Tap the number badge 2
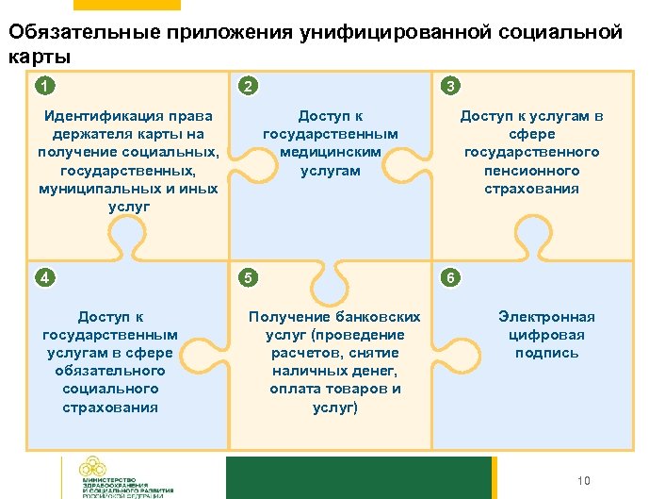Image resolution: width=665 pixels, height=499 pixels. click(x=246, y=87)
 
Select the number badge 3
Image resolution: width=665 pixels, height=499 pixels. click(x=450, y=87)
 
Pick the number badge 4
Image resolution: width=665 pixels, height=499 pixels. click(x=41, y=277)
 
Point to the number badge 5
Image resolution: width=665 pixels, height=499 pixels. click(x=246, y=277)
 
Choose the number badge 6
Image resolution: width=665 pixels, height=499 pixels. click(x=450, y=277)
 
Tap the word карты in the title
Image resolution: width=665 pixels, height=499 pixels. click(x=40, y=56)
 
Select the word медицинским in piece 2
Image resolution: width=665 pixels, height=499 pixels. click(x=330, y=152)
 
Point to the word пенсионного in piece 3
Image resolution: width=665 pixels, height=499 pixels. click(x=532, y=170)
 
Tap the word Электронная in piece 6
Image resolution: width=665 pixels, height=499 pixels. click(x=546, y=317)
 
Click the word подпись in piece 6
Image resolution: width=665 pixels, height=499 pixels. click(x=546, y=353)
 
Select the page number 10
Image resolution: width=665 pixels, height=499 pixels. click(x=583, y=481)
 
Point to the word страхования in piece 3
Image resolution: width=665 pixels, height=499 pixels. click(x=532, y=188)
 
